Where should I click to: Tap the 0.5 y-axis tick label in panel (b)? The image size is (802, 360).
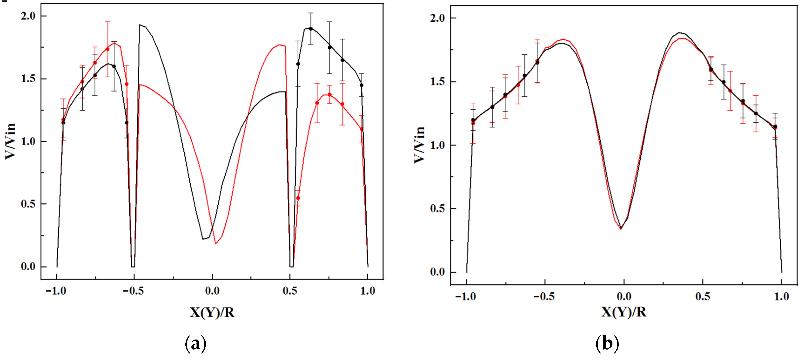(x=438, y=208)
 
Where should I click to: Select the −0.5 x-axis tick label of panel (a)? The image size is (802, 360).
(x=133, y=291)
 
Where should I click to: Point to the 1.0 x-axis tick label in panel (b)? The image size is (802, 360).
(x=782, y=296)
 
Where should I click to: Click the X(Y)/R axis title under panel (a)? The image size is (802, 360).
(x=212, y=312)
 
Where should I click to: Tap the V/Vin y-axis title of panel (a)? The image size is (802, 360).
(x=10, y=141)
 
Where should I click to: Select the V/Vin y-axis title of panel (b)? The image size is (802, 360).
(x=419, y=145)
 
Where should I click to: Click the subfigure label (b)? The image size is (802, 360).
(x=607, y=344)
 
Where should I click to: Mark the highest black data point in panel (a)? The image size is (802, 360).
(x=310, y=29)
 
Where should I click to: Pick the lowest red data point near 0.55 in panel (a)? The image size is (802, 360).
(x=298, y=198)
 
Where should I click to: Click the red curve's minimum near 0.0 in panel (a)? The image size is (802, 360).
(x=215, y=243)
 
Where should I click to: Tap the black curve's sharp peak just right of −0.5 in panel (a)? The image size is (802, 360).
(x=140, y=25)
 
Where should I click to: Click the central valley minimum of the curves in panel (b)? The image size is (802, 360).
(x=621, y=228)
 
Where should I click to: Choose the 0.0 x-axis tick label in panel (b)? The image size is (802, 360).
(x=624, y=296)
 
